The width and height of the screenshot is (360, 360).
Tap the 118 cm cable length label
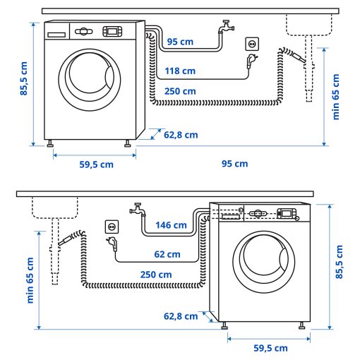tap(180, 71)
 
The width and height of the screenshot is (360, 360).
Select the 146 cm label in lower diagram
tap(171, 226)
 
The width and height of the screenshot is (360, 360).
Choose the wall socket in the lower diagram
tap(112, 227)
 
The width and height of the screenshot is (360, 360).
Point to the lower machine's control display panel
tap(287, 212)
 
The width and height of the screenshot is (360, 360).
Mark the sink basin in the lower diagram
tap(55, 207)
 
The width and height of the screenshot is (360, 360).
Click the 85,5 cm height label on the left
tap(24, 78)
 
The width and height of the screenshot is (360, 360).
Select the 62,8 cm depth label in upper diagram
tap(181, 134)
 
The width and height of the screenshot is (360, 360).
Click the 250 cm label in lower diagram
tap(156, 275)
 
